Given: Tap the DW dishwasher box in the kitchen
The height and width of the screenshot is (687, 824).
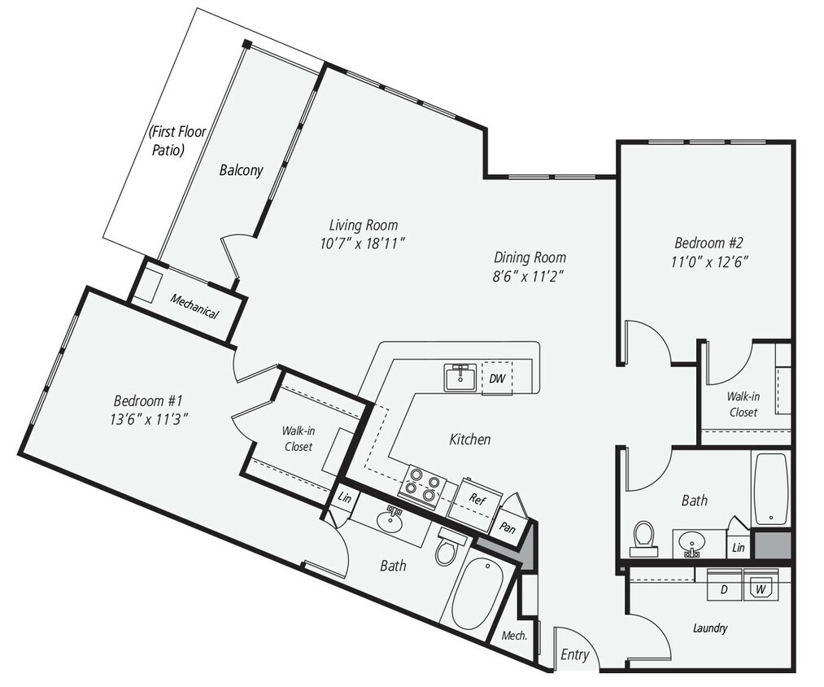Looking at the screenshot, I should click(x=496, y=378).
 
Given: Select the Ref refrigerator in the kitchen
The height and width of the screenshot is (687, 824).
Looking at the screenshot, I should click(x=477, y=499).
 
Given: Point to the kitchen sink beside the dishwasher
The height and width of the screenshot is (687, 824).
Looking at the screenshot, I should click(x=461, y=378).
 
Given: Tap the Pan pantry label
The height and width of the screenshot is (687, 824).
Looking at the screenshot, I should click(x=508, y=527).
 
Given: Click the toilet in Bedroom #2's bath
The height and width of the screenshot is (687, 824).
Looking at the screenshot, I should click(x=644, y=538).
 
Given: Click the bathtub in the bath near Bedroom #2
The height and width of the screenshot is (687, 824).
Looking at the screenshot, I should click(x=770, y=488).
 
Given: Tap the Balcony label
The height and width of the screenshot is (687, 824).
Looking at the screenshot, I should click(x=241, y=170).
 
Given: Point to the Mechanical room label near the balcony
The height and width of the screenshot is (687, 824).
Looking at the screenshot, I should click(x=194, y=305).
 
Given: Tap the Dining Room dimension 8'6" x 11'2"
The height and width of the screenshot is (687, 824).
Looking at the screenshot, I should click(x=528, y=275).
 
